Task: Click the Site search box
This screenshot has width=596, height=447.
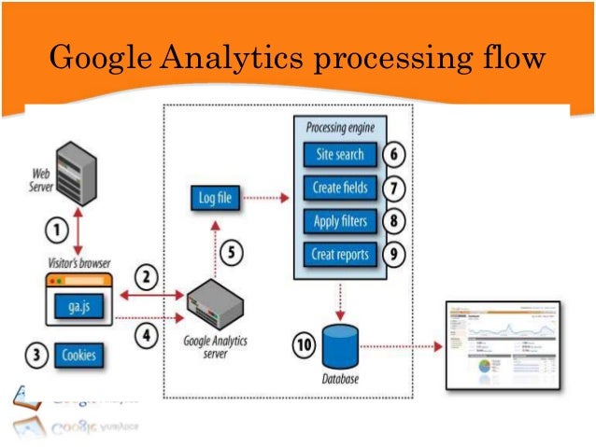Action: (340, 154)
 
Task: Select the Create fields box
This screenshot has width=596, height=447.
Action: (340, 188)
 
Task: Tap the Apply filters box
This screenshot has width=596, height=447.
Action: (340, 221)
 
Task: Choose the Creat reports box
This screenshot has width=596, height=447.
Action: (340, 254)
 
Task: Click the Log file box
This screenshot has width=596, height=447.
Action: (215, 198)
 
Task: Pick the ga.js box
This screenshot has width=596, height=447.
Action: (78, 305)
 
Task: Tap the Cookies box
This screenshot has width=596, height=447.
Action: (79, 356)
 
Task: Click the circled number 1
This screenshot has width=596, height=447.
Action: (57, 229)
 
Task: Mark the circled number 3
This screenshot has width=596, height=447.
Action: (35, 356)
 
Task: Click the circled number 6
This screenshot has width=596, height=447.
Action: (395, 154)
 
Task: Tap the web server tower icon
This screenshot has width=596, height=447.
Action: (76, 175)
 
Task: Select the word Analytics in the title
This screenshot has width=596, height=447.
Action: (227, 60)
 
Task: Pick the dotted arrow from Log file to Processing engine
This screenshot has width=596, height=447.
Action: (266, 198)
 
